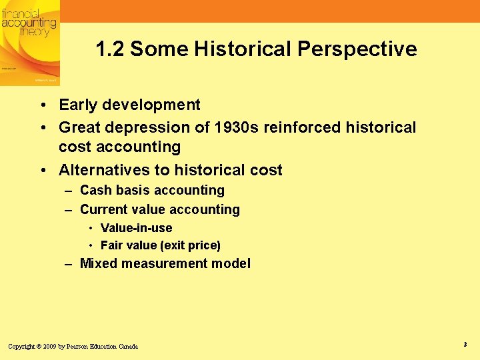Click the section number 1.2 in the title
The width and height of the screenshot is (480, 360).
pyautogui.click(x=110, y=49)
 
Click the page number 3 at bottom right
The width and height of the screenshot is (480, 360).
pyautogui.click(x=464, y=344)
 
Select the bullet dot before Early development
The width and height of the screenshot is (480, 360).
pyautogui.click(x=42, y=105)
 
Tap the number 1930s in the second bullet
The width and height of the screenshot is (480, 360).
pyautogui.click(x=237, y=127)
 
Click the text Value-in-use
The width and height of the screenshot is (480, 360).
pyautogui.click(x=136, y=228)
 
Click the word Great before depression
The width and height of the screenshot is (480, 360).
pyautogui.click(x=79, y=127)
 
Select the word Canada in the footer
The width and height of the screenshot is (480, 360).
pyautogui.click(x=128, y=347)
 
